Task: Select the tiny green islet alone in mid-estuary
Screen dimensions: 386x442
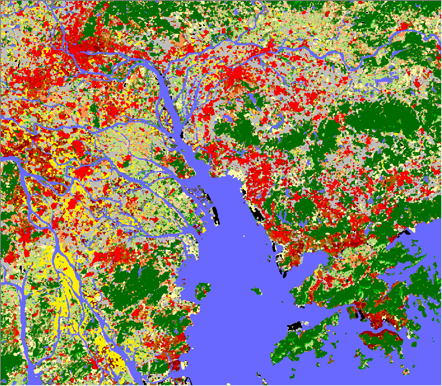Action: (257, 291)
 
